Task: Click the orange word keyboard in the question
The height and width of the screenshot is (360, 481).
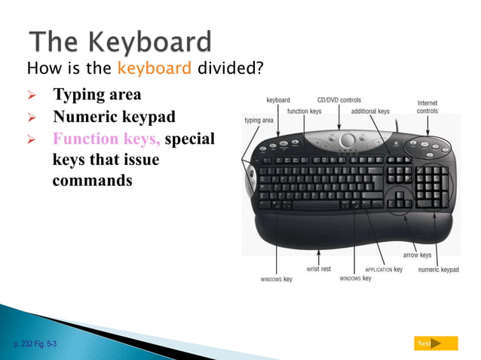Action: tap(154, 69)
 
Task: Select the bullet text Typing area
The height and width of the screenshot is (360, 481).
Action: tap(97, 96)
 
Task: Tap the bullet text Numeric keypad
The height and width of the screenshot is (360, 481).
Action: tap(114, 117)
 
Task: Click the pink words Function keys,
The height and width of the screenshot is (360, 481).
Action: tap(106, 139)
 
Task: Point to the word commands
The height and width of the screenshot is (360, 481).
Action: tap(92, 182)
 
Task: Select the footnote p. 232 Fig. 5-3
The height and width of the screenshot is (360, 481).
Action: tap(35, 343)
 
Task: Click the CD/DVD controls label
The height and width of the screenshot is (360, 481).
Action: tap(339, 99)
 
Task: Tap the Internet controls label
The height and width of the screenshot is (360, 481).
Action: tap(427, 107)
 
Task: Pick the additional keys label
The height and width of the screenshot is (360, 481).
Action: tap(370, 111)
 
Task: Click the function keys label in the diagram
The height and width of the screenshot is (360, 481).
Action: tap(304, 111)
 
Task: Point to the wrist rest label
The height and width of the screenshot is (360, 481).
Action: tap(318, 269)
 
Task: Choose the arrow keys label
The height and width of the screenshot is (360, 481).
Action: tap(417, 255)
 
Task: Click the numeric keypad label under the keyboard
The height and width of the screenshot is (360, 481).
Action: tap(438, 270)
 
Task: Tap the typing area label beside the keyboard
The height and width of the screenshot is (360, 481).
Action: tap(259, 121)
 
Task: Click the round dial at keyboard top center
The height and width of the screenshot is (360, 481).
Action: tap(348, 140)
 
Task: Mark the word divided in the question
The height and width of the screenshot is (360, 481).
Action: tap(230, 69)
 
